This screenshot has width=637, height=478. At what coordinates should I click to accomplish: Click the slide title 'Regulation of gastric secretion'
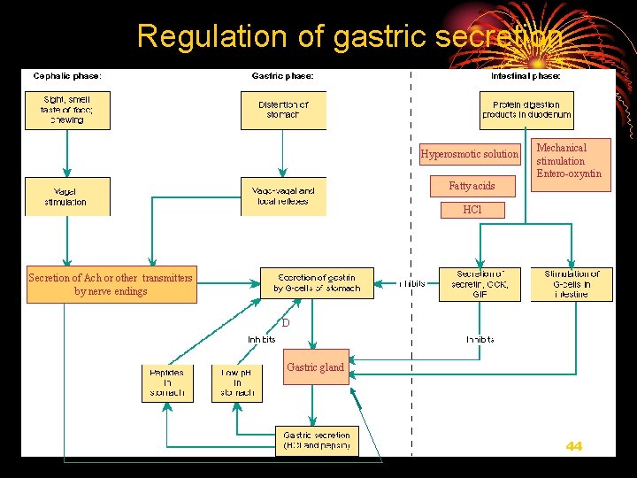point(349,36)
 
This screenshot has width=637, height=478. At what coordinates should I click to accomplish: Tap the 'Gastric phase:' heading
point(283,76)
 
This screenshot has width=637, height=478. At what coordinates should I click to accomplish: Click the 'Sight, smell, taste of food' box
point(67,110)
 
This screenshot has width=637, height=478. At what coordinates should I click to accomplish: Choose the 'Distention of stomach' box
point(283,110)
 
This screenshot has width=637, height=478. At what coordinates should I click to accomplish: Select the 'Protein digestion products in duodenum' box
point(527,110)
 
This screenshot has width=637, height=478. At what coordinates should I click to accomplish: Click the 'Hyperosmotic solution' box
point(470,154)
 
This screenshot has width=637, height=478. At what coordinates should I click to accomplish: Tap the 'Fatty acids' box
point(472,186)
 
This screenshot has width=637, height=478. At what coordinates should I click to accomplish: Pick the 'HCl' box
point(472,211)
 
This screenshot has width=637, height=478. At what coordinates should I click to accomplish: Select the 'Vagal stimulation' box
point(67,197)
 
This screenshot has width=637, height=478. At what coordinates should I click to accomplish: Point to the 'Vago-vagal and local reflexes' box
point(283,197)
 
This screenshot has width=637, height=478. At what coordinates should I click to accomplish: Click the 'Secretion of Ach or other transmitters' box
point(111,284)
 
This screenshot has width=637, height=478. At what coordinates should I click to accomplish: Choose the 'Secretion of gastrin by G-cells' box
point(317,283)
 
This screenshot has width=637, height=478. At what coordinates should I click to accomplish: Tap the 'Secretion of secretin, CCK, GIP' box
point(479,284)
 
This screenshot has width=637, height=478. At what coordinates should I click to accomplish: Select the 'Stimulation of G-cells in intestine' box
point(572,284)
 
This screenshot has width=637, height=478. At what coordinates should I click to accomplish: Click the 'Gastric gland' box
point(315,368)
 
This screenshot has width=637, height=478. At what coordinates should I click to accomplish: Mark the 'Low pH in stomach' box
point(237,382)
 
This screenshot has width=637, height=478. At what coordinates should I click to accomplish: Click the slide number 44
point(574,446)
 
